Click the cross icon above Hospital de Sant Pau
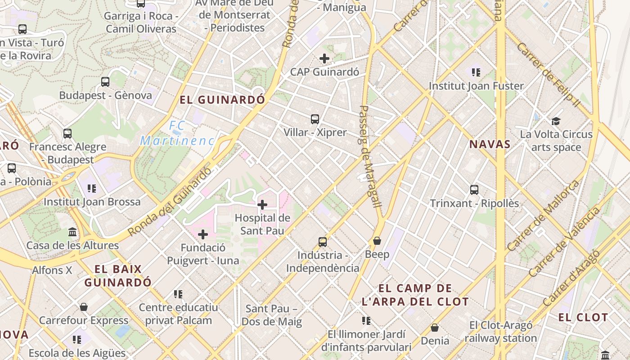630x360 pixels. point(262,205)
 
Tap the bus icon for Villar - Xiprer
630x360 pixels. point(315,119)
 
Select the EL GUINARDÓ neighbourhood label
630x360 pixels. point(222,100)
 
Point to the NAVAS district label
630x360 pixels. point(490,144)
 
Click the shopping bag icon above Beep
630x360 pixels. point(377,241)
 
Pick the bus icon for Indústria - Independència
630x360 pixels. point(323,242)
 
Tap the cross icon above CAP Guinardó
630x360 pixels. point(324,58)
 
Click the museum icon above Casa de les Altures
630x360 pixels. point(72,232)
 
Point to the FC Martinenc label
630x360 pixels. point(177,133)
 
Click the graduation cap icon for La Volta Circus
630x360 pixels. point(556,121)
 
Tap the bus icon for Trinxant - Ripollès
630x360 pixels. point(474,190)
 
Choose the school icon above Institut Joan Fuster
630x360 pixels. point(476,72)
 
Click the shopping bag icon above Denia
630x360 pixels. point(435,328)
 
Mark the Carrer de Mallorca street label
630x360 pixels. point(543,216)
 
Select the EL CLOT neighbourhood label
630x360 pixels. point(583,317)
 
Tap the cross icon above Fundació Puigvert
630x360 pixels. point(203,234)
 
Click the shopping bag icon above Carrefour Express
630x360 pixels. point(84,307)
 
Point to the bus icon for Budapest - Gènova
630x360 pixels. point(105,82)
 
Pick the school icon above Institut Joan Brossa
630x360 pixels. point(92,188)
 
